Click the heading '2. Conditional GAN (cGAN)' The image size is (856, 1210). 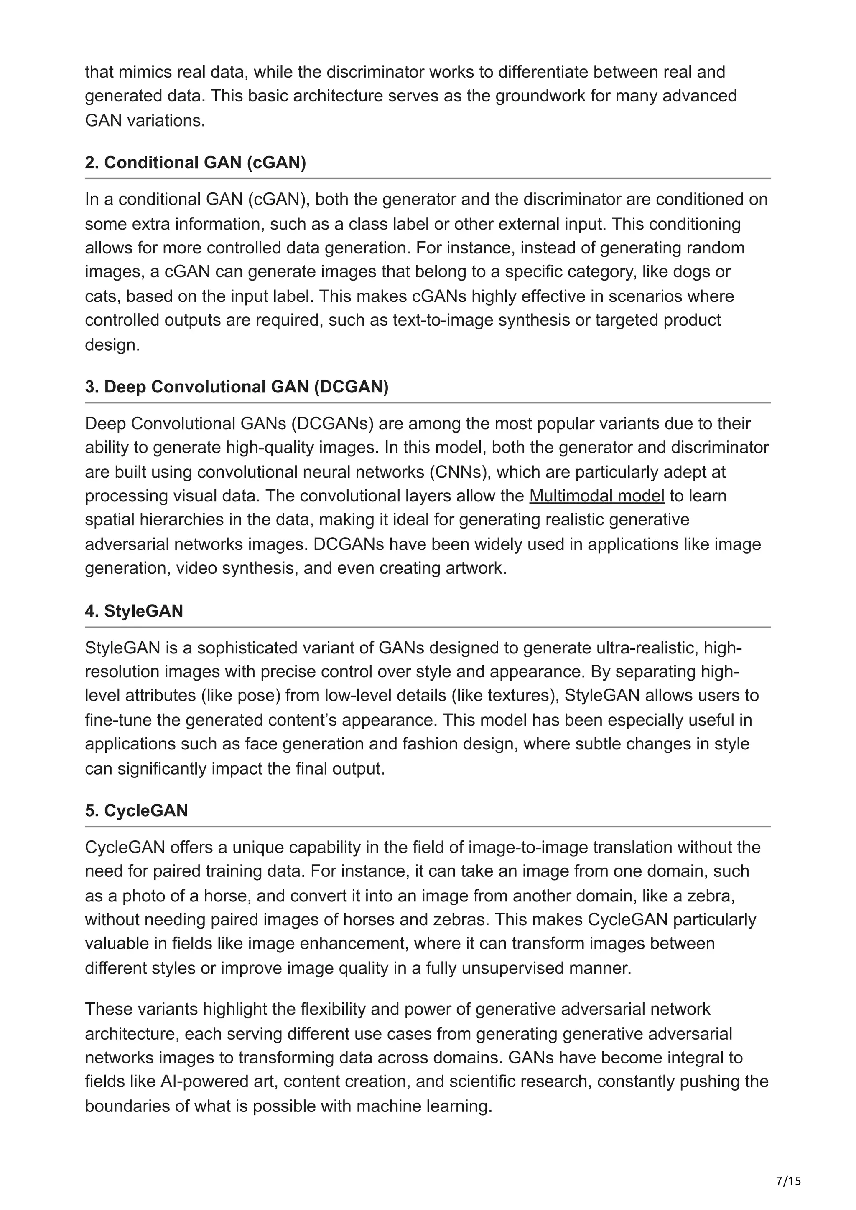point(195,162)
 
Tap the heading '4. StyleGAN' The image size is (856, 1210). point(134,611)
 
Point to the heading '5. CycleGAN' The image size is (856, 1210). point(136,810)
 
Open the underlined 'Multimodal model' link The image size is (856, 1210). point(596,496)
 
